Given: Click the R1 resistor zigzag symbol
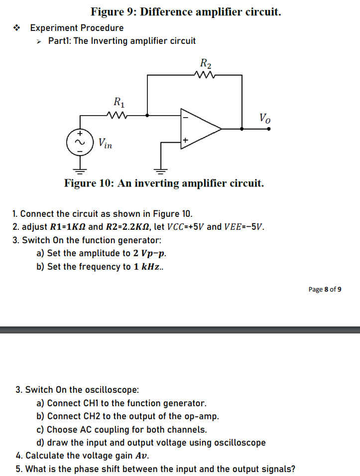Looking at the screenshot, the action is [x=119, y=115].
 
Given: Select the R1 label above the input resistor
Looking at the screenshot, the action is [x=119, y=103].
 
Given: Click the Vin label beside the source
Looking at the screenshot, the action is [x=105, y=144].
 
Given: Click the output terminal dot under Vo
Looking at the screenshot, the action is [x=269, y=129].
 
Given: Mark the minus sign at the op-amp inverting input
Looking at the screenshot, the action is [x=185, y=118].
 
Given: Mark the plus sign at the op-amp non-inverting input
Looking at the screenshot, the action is [x=185, y=141].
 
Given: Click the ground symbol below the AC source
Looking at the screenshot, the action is [x=78, y=170].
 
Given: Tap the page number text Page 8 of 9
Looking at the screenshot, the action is [x=325, y=289].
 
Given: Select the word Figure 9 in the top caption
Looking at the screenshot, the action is [x=113, y=11].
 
